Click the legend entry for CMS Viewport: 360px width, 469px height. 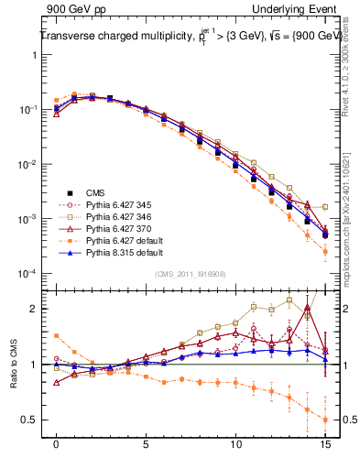point(94,192)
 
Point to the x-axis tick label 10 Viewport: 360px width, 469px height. point(235,441)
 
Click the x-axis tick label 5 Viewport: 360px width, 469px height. point(146,441)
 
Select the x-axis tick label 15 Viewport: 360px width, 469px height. point(325,441)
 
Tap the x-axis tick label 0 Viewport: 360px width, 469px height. point(56,441)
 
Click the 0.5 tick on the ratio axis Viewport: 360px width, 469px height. point(31,420)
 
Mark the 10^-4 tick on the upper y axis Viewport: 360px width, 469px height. point(28,274)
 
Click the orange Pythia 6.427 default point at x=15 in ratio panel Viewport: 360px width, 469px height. point(325,420)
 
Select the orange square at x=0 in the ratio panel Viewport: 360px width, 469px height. point(56,336)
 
